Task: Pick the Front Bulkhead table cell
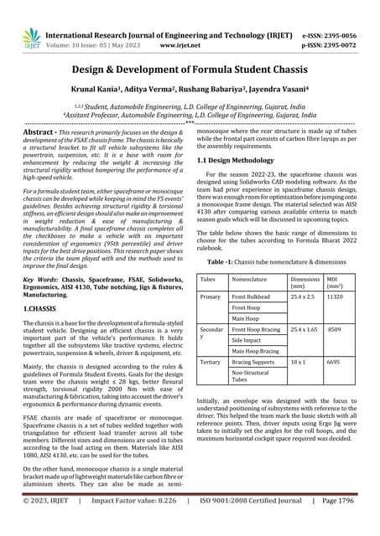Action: point(252,296)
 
